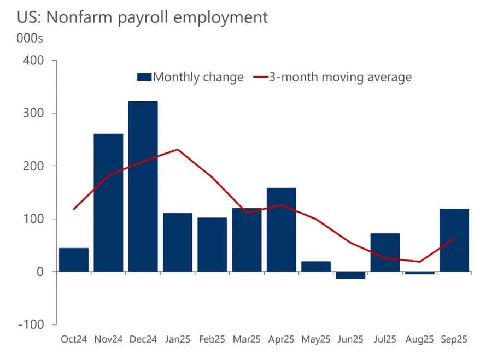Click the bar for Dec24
(x=143, y=186)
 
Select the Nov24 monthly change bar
(x=108, y=202)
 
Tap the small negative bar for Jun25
(x=350, y=275)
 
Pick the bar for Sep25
(x=454, y=240)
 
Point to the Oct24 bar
(x=74, y=259)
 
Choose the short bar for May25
(x=316, y=266)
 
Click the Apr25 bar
(x=282, y=229)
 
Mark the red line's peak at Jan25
(x=178, y=149)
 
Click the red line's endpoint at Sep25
(x=454, y=238)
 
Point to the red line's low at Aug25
(x=420, y=262)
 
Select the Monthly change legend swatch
(x=144, y=77)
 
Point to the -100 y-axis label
(x=31, y=324)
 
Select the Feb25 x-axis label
(x=212, y=339)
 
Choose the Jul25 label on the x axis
(x=385, y=339)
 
